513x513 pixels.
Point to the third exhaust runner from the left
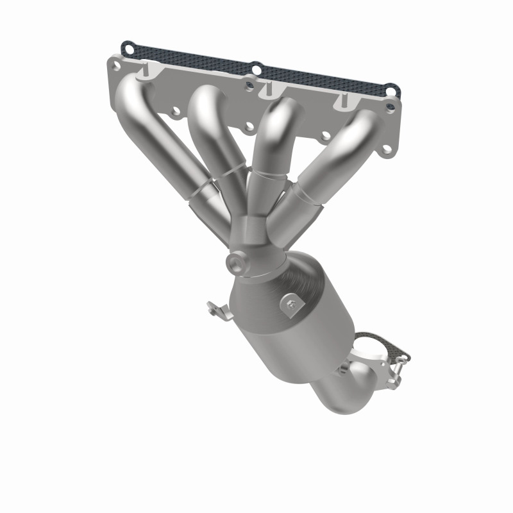coord(273,147)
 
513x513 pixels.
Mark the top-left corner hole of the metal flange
coord(115,64)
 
